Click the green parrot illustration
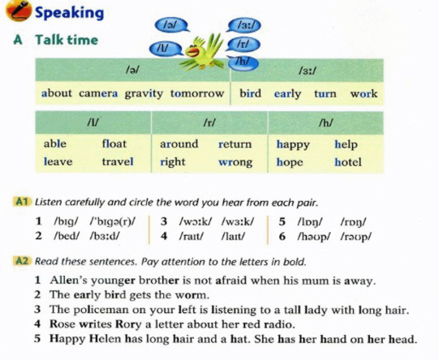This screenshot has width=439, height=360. [202, 51]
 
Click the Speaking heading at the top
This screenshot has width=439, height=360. [70, 12]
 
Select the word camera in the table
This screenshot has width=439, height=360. [97, 93]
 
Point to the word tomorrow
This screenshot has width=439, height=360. [197, 93]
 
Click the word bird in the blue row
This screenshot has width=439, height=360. [251, 93]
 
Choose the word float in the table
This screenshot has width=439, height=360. [114, 144]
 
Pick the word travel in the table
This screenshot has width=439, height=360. [118, 161]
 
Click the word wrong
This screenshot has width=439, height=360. [235, 161]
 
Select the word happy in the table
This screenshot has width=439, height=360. [293, 144]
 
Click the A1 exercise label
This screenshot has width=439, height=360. [22, 202]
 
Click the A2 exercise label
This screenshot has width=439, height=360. [22, 261]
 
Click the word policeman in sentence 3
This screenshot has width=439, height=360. [100, 310]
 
